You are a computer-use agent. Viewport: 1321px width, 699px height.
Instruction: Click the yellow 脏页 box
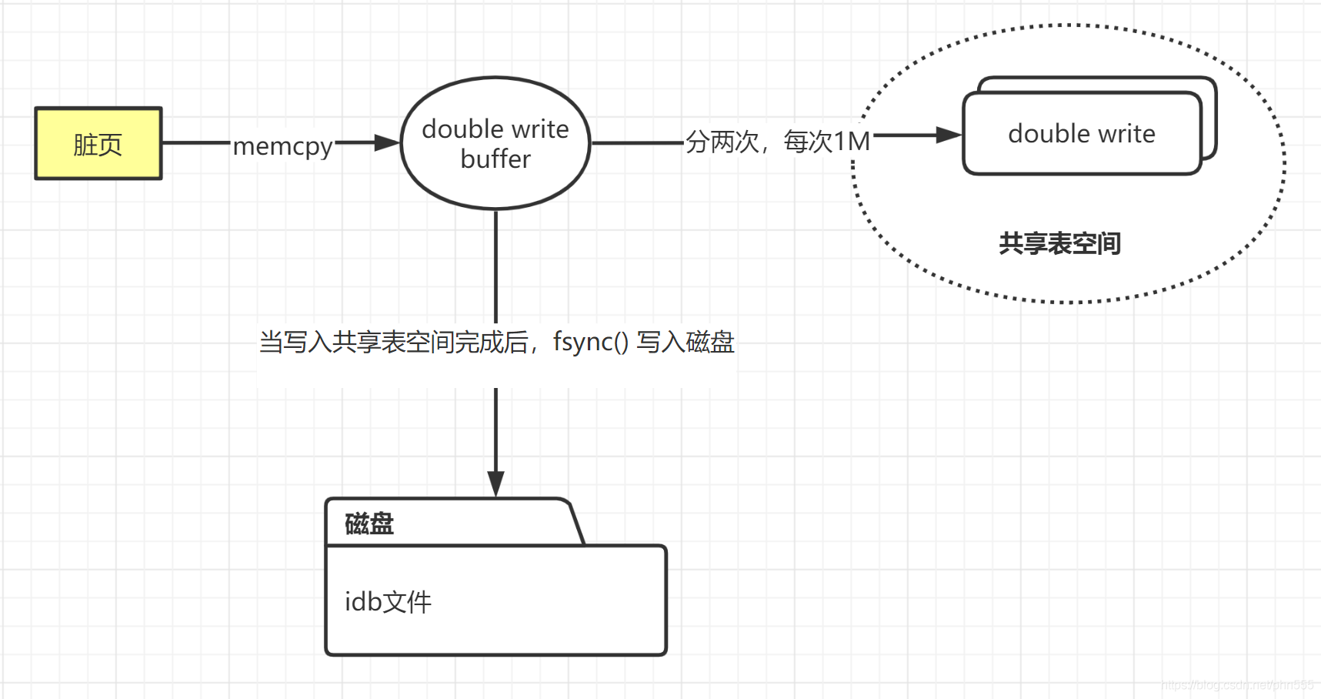tap(98, 144)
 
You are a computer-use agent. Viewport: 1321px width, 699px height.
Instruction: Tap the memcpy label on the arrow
tap(282, 145)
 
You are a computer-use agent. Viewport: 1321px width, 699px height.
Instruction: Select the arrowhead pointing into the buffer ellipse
tap(387, 142)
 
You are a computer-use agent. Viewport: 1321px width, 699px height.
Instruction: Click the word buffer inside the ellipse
tap(495, 159)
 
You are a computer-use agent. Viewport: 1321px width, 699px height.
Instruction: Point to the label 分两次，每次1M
tap(777, 142)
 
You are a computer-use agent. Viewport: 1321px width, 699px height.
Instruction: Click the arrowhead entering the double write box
tap(948, 135)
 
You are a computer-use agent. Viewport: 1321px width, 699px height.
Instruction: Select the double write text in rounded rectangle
tap(1081, 134)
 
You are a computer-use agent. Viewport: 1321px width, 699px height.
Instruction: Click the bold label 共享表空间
tap(1059, 243)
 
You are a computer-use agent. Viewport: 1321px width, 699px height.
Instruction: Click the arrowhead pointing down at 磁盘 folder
tap(495, 483)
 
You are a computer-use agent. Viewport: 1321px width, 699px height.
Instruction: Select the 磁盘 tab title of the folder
tap(369, 524)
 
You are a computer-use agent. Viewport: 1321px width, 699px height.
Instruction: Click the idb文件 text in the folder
tap(388, 601)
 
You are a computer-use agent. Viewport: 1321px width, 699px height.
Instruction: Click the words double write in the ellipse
tap(495, 129)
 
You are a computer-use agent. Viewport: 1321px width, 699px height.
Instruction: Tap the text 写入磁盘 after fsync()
tap(686, 341)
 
